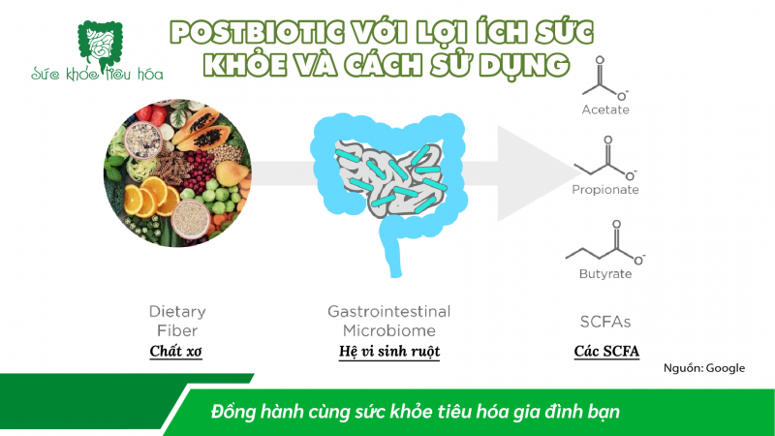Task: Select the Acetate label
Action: click(605, 109)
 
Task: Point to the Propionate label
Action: click(605, 190)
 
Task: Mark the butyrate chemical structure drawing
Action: click(604, 242)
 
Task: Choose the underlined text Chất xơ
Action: click(176, 351)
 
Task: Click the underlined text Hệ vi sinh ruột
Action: click(389, 351)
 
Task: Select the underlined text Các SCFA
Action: click(606, 351)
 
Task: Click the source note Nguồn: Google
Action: click(704, 369)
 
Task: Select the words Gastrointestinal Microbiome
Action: click(389, 320)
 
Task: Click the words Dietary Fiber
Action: click(176, 320)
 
